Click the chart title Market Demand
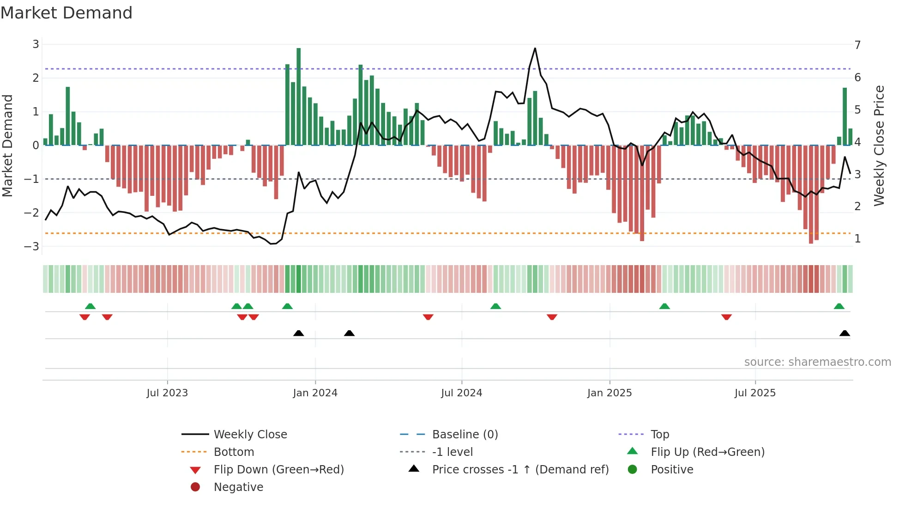(66, 13)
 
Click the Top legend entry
(659, 435)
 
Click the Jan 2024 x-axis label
(315, 393)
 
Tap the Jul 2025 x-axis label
(755, 393)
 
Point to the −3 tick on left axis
(32, 247)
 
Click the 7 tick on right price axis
(857, 45)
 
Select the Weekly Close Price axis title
(879, 145)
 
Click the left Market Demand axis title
(7, 145)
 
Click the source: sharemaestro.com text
(817, 362)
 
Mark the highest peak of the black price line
(535, 48)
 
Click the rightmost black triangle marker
(845, 333)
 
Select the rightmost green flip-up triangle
(839, 306)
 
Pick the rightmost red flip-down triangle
(726, 317)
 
